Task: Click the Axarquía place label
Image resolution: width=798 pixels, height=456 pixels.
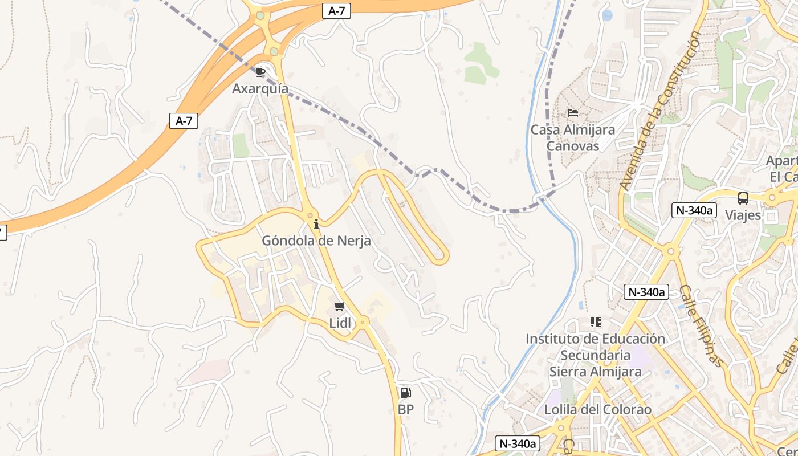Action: pyautogui.click(x=260, y=89)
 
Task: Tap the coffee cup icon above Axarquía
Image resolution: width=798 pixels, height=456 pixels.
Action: pyautogui.click(x=260, y=72)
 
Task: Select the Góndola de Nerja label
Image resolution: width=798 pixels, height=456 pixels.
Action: pyautogui.click(x=316, y=241)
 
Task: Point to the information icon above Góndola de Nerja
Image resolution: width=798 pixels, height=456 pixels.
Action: pyautogui.click(x=316, y=225)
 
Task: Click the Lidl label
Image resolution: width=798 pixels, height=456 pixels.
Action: pyautogui.click(x=340, y=323)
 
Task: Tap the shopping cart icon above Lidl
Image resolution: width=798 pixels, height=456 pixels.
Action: pyautogui.click(x=340, y=307)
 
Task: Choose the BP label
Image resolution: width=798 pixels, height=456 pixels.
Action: pyautogui.click(x=406, y=409)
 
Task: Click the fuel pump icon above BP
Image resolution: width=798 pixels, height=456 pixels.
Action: pyautogui.click(x=405, y=392)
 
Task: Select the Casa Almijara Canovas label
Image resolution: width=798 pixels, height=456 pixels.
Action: pyautogui.click(x=573, y=137)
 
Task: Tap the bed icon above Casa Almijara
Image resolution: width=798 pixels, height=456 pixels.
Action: pyautogui.click(x=573, y=113)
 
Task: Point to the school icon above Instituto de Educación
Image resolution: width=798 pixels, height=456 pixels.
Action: pyautogui.click(x=596, y=322)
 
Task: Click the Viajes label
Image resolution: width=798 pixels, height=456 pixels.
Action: pyautogui.click(x=743, y=215)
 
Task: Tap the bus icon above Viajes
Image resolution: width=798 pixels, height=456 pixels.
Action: pyautogui.click(x=743, y=198)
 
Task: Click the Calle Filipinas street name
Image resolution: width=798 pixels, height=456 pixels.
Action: pyautogui.click(x=702, y=325)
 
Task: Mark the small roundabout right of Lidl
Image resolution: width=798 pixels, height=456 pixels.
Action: pyautogui.click(x=364, y=322)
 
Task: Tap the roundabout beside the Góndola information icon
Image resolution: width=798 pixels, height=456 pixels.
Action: pyautogui.click(x=311, y=215)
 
